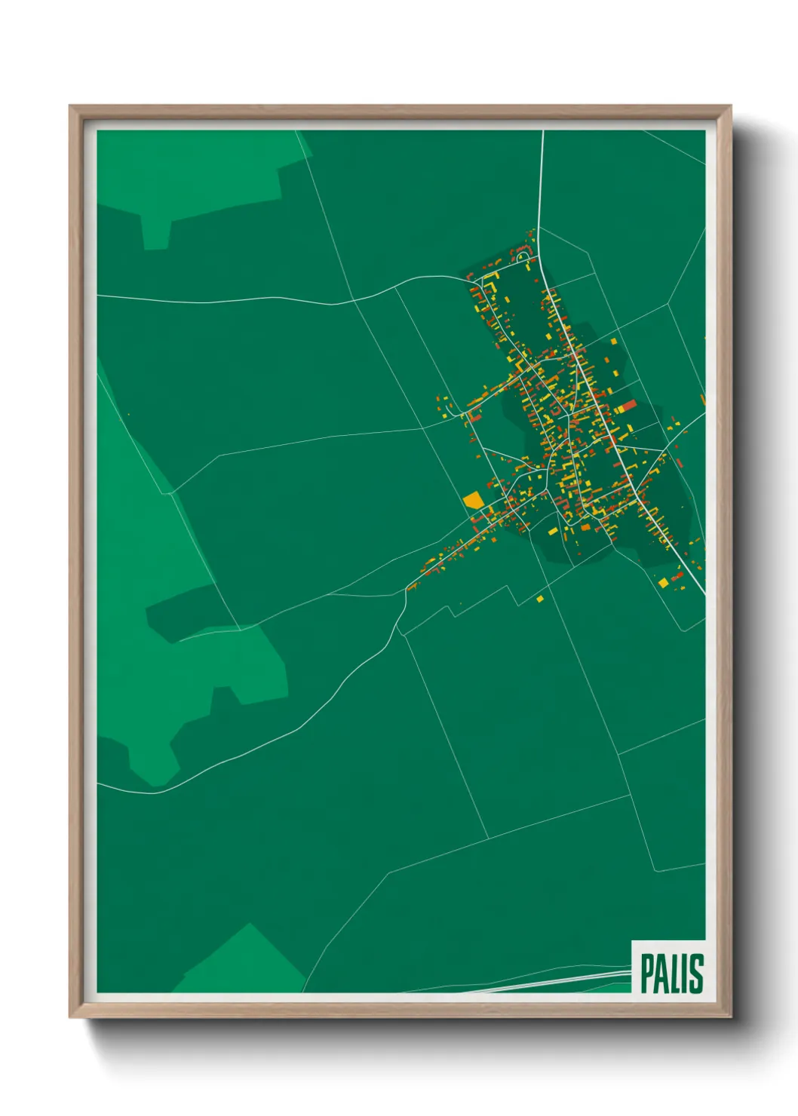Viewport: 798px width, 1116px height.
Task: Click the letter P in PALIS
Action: [x=647, y=973]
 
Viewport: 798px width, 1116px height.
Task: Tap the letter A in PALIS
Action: [x=662, y=973]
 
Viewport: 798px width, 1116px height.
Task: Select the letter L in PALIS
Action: [x=677, y=973]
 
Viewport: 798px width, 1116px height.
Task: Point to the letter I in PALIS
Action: [x=686, y=973]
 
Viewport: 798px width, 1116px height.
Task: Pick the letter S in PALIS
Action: [x=697, y=973]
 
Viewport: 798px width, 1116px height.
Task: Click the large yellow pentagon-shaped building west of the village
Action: [x=473, y=500]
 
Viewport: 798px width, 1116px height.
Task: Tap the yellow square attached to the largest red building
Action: [x=618, y=409]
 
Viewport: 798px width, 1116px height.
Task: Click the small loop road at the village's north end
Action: [x=523, y=258]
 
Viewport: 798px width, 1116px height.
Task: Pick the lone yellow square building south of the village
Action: [x=540, y=599]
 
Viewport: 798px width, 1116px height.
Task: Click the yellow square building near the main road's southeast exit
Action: [x=664, y=582]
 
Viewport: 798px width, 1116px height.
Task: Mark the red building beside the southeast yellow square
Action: [x=676, y=577]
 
